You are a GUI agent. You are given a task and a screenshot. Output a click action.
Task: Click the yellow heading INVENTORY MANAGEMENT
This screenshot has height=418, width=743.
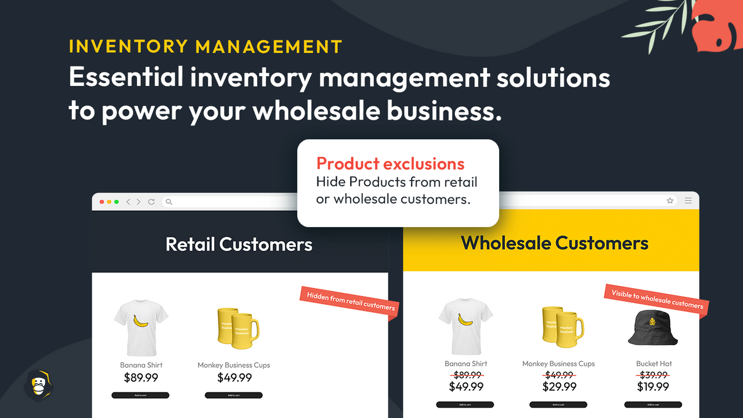coord(205,46)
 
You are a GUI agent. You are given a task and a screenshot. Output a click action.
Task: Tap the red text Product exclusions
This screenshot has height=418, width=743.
coord(390,164)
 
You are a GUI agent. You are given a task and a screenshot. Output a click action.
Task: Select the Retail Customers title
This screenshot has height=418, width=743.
coord(239,244)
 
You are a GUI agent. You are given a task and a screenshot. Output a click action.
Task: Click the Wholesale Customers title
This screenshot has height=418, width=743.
coord(554,243)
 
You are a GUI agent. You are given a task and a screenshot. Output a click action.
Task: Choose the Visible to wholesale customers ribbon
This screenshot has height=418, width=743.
coord(657,300)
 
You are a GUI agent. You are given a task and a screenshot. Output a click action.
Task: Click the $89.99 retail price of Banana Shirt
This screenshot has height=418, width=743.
coord(141,378)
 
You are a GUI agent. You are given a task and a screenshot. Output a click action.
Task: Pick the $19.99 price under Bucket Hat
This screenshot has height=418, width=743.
coord(654,387)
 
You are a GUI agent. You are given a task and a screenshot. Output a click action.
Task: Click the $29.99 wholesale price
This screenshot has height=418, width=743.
coord(559,387)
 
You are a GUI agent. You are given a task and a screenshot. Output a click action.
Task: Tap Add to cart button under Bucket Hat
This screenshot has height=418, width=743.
coord(653,405)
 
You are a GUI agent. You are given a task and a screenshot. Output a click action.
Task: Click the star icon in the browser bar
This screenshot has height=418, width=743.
coord(670,201)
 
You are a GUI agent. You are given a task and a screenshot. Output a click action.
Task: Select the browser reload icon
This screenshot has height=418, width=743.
coord(152,202)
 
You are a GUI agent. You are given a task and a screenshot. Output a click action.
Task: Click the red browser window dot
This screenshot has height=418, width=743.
coord(102,202)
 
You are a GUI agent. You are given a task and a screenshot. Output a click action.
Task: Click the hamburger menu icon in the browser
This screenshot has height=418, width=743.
coord(688,201)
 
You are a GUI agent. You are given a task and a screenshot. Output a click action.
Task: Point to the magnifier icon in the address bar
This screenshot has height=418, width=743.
coord(169,202)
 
